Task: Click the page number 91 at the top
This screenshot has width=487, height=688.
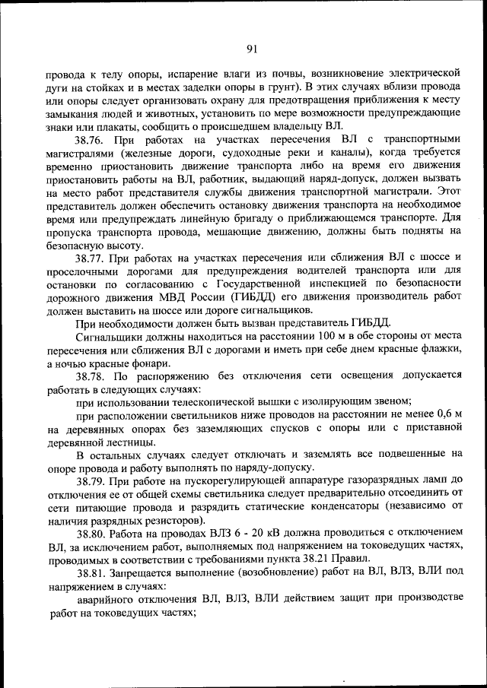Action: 253,49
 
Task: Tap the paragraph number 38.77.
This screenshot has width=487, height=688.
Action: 91,258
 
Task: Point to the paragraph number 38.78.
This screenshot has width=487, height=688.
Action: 91,376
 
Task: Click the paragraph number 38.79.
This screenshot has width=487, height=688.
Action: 91,481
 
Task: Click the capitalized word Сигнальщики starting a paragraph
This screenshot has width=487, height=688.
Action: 109,337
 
